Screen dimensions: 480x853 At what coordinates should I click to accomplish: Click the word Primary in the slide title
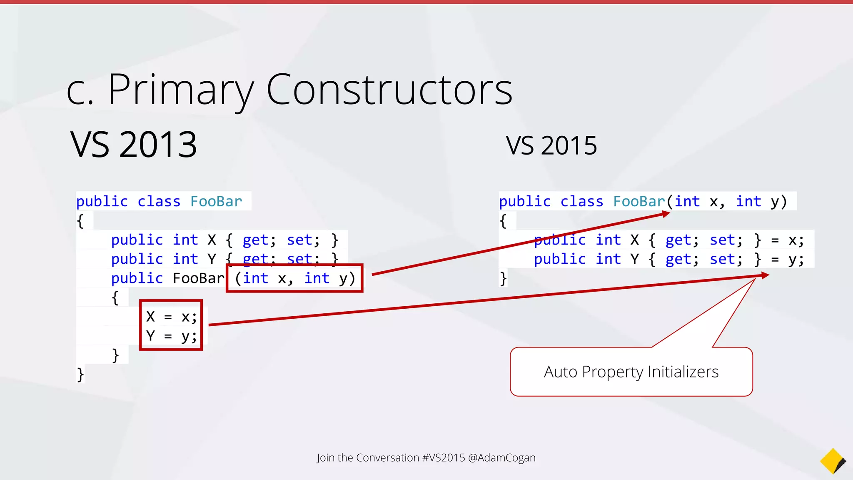[180, 90]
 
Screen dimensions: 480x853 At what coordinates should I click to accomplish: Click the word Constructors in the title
[389, 90]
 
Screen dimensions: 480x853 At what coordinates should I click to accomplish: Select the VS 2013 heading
[134, 145]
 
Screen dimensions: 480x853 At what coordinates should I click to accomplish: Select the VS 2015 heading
[551, 146]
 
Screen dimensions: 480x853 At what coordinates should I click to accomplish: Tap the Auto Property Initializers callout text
[631, 372]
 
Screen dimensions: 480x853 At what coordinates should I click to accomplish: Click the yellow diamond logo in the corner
[832, 461]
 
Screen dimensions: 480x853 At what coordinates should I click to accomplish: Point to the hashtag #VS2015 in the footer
[444, 457]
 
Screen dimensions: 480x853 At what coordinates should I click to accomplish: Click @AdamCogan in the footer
[502, 457]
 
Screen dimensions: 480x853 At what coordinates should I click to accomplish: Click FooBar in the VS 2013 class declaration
[216, 202]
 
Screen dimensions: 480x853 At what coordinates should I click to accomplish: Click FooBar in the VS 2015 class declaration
[639, 202]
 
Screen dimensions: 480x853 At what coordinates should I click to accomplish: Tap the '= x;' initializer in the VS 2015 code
[787, 240]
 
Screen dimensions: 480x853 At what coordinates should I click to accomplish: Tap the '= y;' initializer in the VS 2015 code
[787, 259]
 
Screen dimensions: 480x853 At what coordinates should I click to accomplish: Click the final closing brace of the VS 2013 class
[80, 374]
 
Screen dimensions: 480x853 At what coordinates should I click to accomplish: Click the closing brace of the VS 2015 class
[503, 278]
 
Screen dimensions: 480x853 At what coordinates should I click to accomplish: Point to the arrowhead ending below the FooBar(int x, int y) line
[666, 214]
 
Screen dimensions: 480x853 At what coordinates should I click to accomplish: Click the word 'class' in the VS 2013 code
[159, 202]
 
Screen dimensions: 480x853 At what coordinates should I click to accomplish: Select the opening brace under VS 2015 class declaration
[503, 221]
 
